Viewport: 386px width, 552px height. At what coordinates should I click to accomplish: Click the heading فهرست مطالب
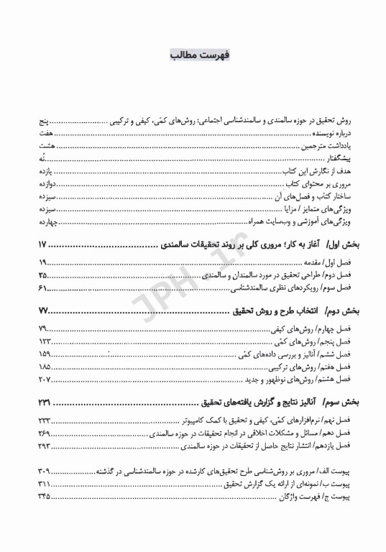tap(193, 55)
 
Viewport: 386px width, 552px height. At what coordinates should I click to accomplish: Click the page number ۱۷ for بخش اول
tap(44, 246)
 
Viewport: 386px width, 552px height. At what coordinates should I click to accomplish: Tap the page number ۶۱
tap(44, 288)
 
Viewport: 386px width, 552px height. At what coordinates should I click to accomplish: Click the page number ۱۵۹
tap(45, 355)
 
